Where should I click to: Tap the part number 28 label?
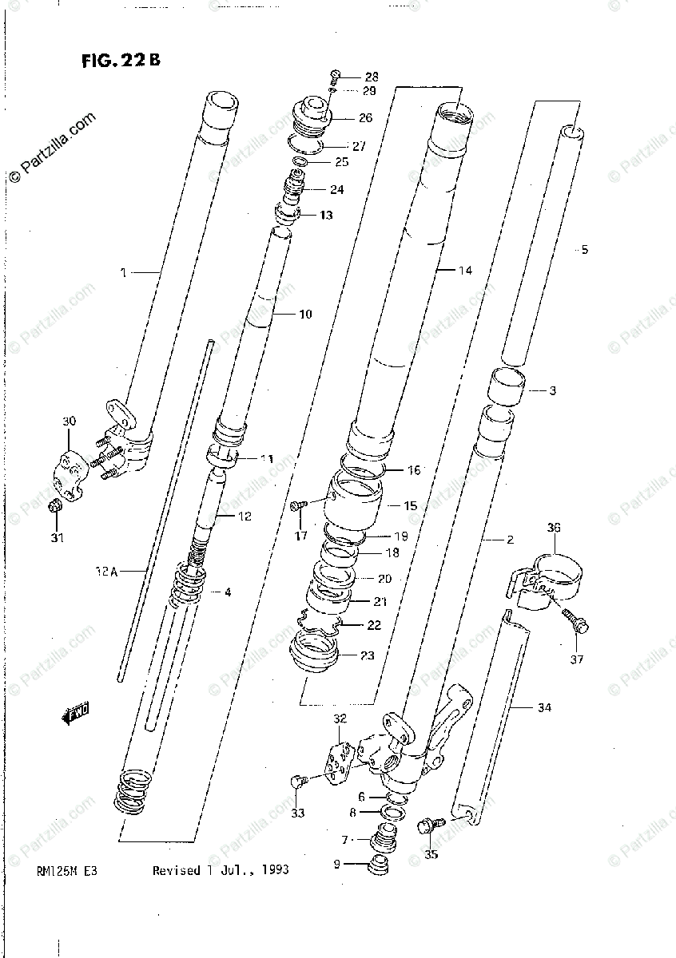[372, 77]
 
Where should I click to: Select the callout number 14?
[465, 271]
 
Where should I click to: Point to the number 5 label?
[584, 250]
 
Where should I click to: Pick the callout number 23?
[367, 656]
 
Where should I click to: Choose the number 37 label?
[576, 659]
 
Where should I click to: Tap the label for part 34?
[544, 707]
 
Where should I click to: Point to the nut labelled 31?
[55, 505]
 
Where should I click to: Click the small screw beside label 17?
[300, 505]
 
